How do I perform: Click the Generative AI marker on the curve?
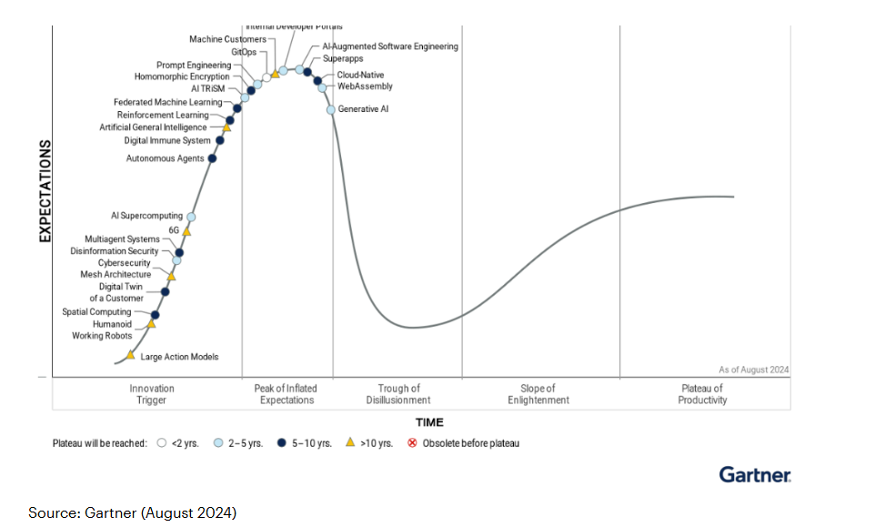[331, 109]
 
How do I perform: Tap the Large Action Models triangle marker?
[131, 355]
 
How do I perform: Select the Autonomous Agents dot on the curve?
[212, 158]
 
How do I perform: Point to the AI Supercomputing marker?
[191, 217]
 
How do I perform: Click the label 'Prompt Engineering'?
[194, 66]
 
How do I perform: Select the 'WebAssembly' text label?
[365, 86]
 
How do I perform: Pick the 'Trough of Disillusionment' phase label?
[398, 394]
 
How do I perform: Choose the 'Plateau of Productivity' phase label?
[702, 394]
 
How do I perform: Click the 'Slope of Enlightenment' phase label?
[538, 394]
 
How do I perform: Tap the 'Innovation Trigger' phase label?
[152, 394]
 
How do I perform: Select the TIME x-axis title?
[429, 422]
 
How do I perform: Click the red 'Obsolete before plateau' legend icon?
[412, 443]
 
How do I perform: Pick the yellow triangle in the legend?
[350, 443]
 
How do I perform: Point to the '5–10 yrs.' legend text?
[312, 444]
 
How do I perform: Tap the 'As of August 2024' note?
[754, 370]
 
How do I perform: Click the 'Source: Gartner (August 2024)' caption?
[132, 513]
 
